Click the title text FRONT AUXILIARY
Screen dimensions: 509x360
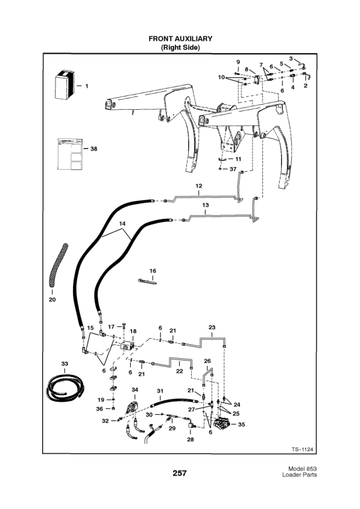click(180, 39)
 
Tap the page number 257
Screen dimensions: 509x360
click(180, 473)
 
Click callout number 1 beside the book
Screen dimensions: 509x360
click(86, 86)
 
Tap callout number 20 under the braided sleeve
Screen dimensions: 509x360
click(52, 300)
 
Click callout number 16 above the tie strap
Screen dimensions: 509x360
click(153, 271)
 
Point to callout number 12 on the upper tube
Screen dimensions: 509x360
click(198, 186)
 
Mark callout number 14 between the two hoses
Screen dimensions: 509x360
click(123, 224)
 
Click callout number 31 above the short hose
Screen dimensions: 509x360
click(160, 391)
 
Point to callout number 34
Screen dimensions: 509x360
click(135, 390)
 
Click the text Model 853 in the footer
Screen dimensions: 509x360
click(300, 469)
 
